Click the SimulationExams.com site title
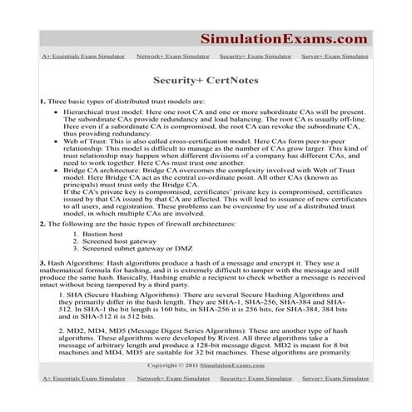click(284, 37)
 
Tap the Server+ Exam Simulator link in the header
click(336, 57)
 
